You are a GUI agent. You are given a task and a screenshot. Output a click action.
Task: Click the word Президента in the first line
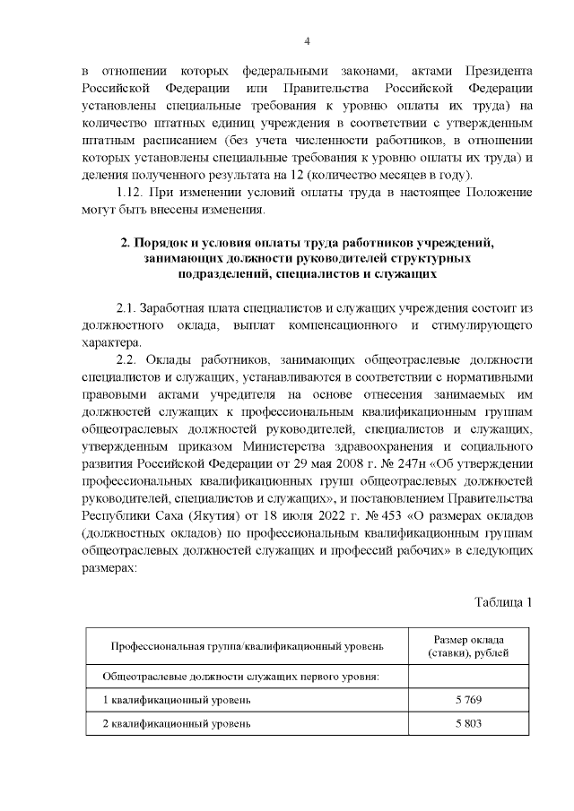tap(499, 71)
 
